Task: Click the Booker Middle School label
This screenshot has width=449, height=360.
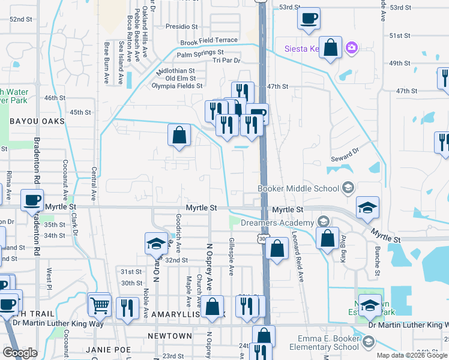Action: [x=298, y=188]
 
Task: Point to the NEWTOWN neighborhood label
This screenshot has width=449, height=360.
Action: [x=175, y=336]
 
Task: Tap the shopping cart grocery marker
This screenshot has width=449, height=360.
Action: [x=100, y=305]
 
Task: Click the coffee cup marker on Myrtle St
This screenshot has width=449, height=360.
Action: [x=32, y=200]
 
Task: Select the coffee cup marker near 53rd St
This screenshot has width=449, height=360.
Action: [x=309, y=19]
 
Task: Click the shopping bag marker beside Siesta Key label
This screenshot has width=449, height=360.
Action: [x=330, y=47]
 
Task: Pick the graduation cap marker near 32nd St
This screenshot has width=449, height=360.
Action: [x=156, y=244]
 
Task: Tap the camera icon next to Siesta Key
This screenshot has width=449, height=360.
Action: [x=352, y=47]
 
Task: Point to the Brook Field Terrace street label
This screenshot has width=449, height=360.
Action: [x=209, y=40]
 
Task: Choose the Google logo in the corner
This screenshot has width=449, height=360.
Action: [x=20, y=353]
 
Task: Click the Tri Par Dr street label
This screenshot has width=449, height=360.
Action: [x=222, y=61]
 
